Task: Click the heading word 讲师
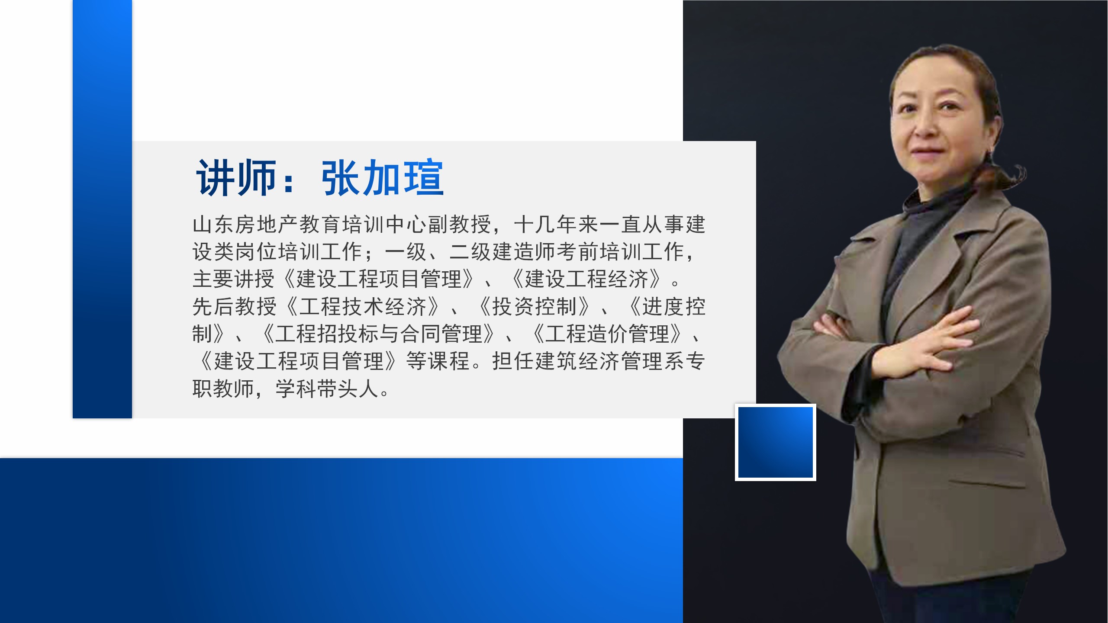[x=236, y=178]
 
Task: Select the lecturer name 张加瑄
[x=383, y=178]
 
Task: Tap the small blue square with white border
[x=776, y=442]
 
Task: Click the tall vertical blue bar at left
[x=102, y=209]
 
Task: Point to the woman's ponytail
[x=1004, y=177]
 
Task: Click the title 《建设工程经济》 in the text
[x=587, y=279]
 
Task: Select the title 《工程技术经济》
[x=364, y=306]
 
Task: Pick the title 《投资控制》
[x=535, y=306]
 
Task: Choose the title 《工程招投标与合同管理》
[x=378, y=334]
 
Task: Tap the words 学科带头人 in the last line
[x=327, y=389]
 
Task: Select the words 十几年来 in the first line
[x=556, y=224]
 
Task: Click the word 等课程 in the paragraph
[x=438, y=361]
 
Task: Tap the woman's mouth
[x=926, y=151]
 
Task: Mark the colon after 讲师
[x=289, y=182]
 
